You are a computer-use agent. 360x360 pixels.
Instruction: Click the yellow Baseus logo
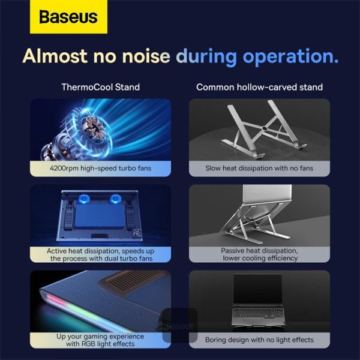(68, 17)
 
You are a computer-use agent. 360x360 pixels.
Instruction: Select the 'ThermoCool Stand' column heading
(100, 87)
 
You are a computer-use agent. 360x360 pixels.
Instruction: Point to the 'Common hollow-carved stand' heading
(259, 87)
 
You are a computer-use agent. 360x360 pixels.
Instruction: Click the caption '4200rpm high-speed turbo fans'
(100, 169)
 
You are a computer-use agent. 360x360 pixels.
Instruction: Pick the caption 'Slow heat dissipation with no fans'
(259, 169)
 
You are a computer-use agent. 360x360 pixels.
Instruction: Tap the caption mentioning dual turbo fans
(100, 254)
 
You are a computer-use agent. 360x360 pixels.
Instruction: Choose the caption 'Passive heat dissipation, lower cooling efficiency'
(259, 254)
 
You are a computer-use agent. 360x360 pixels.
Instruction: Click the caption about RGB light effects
(100, 340)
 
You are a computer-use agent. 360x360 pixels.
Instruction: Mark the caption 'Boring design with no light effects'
(259, 340)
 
